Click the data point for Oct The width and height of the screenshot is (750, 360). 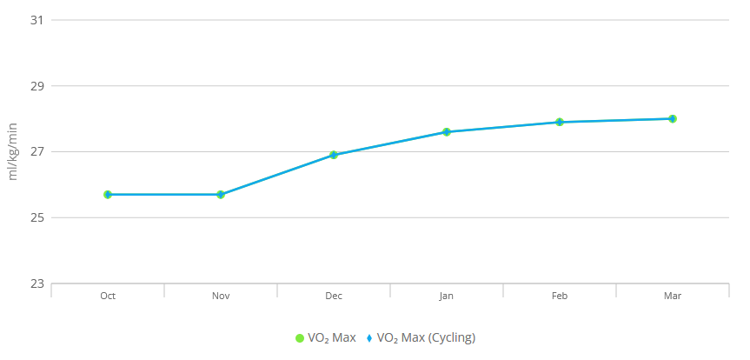tap(108, 195)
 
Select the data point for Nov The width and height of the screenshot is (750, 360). tap(221, 195)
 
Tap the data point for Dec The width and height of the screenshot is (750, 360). tap(334, 155)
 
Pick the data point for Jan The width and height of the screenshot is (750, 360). tap(447, 132)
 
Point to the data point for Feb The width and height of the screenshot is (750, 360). tap(560, 122)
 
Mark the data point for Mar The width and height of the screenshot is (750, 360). tap(673, 119)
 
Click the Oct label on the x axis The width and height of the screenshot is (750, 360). tap(108, 296)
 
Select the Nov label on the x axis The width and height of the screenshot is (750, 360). tap(221, 296)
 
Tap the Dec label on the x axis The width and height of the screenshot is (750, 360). tap(334, 296)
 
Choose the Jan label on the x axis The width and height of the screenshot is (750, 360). tap(447, 296)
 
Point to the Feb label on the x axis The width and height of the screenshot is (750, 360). tap(560, 296)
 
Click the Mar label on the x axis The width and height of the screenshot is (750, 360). tap(673, 296)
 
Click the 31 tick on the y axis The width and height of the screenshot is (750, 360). tap(36, 20)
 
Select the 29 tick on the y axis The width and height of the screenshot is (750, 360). tap(36, 86)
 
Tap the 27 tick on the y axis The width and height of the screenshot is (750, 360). tap(36, 152)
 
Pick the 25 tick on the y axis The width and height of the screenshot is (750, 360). tap(36, 218)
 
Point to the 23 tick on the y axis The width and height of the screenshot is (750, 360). tap(36, 284)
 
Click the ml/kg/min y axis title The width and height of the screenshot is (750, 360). tap(13, 152)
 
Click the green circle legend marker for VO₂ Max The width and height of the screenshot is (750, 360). tap(299, 337)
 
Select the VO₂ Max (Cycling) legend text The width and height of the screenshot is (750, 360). tap(426, 337)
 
